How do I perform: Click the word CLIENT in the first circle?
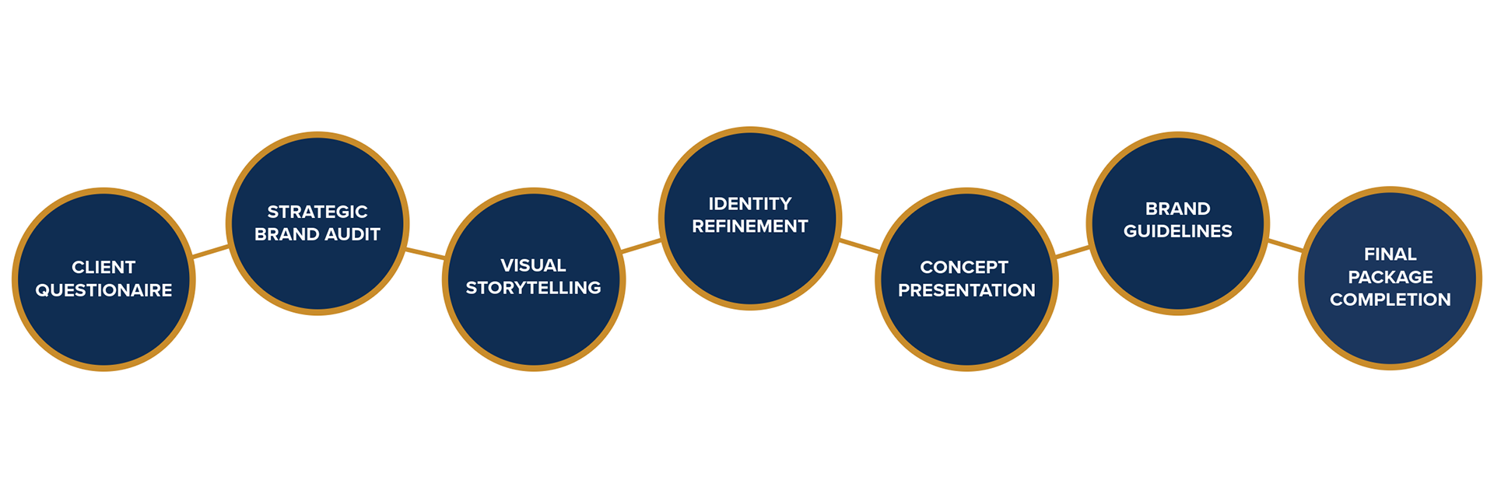click(x=103, y=268)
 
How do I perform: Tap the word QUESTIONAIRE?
click(x=103, y=290)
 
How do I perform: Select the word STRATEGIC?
click(x=317, y=212)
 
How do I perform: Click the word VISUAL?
click(x=533, y=265)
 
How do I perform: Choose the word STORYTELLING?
click(x=533, y=288)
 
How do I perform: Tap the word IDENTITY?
click(x=749, y=204)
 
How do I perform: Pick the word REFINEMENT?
click(x=749, y=226)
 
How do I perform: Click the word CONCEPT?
click(x=964, y=268)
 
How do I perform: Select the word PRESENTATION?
click(x=966, y=290)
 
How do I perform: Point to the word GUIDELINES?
click(x=1177, y=231)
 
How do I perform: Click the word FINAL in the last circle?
click(x=1390, y=254)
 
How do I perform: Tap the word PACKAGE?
click(x=1390, y=277)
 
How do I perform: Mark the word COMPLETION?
click(x=1390, y=300)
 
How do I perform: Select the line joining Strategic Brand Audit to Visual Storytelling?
click(x=425, y=253)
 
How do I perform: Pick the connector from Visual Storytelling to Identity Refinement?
click(x=641, y=247)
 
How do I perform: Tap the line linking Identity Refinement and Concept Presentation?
click(x=858, y=246)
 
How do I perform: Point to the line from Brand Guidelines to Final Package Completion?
click(x=1285, y=246)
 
